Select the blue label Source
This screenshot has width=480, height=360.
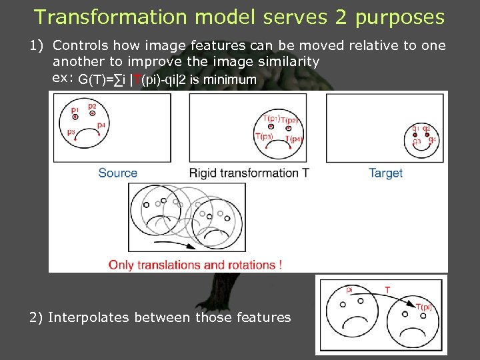(x=117, y=173)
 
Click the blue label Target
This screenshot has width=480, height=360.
(x=385, y=173)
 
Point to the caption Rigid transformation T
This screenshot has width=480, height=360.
(x=249, y=173)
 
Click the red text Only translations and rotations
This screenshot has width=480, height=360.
(x=195, y=265)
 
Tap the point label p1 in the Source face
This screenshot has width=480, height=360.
(x=75, y=109)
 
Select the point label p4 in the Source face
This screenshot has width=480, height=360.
(x=101, y=125)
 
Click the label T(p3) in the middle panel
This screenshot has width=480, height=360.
(x=264, y=137)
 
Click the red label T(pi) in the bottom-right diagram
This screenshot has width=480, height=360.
(x=423, y=307)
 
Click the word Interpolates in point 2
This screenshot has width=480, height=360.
(x=89, y=317)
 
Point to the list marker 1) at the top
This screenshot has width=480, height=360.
(x=35, y=46)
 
